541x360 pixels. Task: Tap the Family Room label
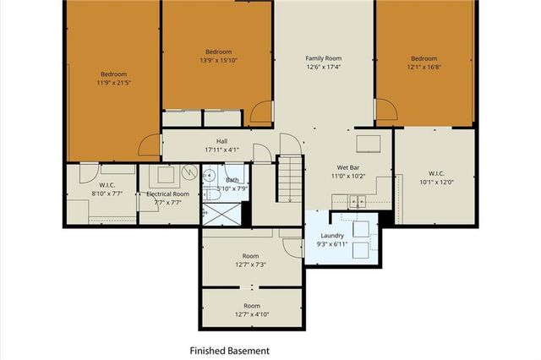coord(324,58)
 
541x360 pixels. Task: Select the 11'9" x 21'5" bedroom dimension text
coord(115,83)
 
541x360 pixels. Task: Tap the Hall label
coord(221,142)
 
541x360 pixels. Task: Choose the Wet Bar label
coord(350,167)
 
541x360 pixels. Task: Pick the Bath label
coord(232,180)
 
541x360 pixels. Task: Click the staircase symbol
coord(290,179)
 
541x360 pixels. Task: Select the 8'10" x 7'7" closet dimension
coord(107,193)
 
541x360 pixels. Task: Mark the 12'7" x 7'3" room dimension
coord(250,265)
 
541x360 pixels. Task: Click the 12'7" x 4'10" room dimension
coord(250,315)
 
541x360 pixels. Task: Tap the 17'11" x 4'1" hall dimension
coord(221,150)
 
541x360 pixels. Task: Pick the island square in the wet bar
coord(368,141)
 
